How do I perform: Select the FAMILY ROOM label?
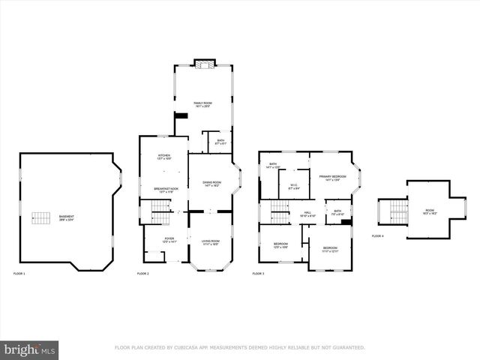[x=202, y=105]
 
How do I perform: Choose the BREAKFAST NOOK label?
[x=166, y=190]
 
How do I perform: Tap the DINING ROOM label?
[x=211, y=184]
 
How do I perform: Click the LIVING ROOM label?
[x=209, y=242]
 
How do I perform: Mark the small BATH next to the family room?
[x=220, y=142]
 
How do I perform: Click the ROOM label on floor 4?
[x=430, y=212]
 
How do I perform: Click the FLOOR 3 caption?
[x=258, y=274]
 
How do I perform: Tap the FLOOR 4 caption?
[x=377, y=235]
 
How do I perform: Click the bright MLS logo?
[x=29, y=349]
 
